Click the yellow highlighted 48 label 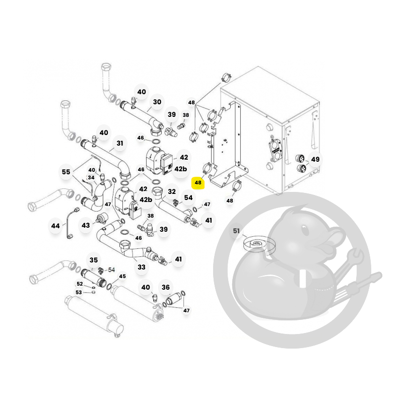pyautogui.click(x=198, y=183)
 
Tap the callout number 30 pyautogui.click(x=157, y=102)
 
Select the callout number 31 pyautogui.click(x=120, y=143)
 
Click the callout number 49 pyautogui.click(x=315, y=159)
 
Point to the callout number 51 pyautogui.click(x=236, y=231)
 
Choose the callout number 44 pyautogui.click(x=55, y=226)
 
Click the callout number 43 pyautogui.click(x=86, y=225)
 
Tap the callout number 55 pyautogui.click(x=66, y=172)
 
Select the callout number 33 pyautogui.click(x=142, y=267)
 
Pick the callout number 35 pyautogui.click(x=94, y=260)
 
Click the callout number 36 pyautogui.click(x=166, y=287)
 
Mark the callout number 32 pyautogui.click(x=172, y=191)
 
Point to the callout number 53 pyautogui.click(x=79, y=293)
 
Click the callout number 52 pyautogui.click(x=80, y=284)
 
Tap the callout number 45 pyautogui.click(x=122, y=276)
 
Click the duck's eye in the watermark pyautogui.click(x=305, y=230)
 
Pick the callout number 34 pyautogui.click(x=91, y=178)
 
